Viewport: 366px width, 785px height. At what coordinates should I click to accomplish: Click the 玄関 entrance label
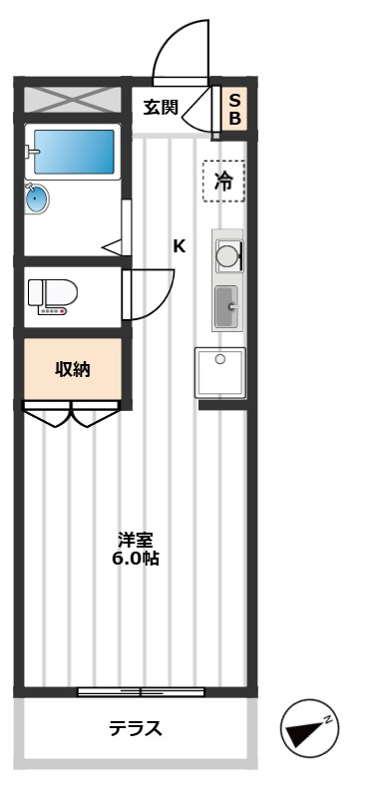pyautogui.click(x=161, y=107)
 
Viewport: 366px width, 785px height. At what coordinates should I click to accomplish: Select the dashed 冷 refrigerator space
pyautogui.click(x=223, y=182)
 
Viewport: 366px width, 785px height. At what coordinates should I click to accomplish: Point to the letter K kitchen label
pyautogui.click(x=180, y=246)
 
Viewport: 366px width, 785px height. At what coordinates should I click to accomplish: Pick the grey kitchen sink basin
pyautogui.click(x=226, y=306)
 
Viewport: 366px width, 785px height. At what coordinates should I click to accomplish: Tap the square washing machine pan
pyautogui.click(x=220, y=373)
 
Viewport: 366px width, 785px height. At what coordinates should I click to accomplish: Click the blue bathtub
pyautogui.click(x=74, y=152)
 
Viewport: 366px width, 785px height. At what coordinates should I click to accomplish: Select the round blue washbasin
pyautogui.click(x=37, y=198)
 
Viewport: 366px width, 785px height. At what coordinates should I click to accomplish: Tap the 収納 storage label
pyautogui.click(x=72, y=369)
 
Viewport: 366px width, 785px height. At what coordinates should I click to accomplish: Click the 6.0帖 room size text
pyautogui.click(x=136, y=559)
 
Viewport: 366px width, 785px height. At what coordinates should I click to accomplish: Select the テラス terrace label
pyautogui.click(x=136, y=728)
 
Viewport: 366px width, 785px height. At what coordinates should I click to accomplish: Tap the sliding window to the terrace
pyautogui.click(x=141, y=692)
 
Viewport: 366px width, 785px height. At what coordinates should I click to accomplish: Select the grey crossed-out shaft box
pyautogui.click(x=73, y=99)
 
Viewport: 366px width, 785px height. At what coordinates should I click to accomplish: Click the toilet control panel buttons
pyautogui.click(x=53, y=311)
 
